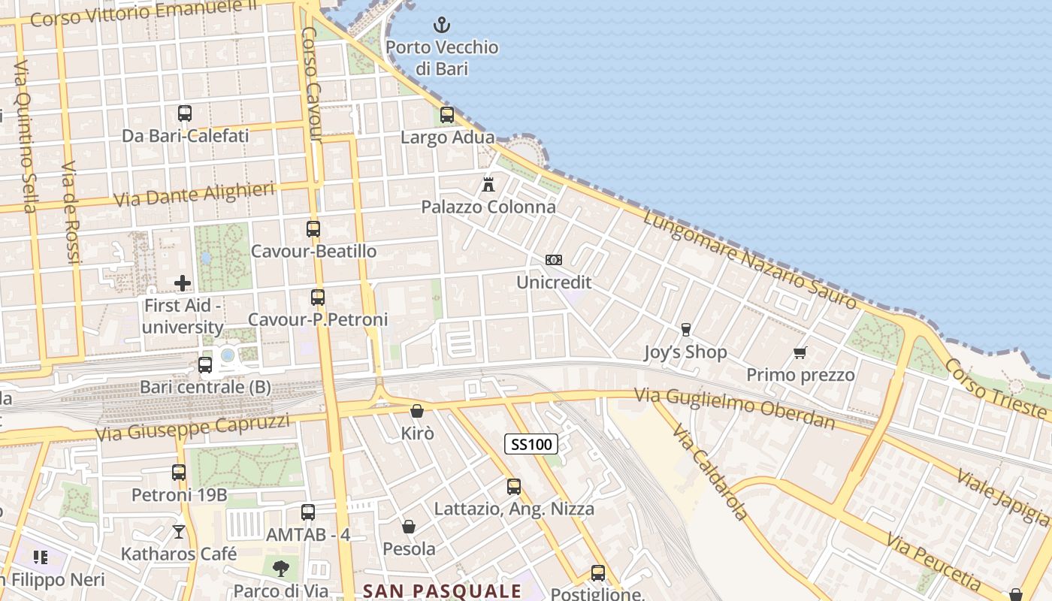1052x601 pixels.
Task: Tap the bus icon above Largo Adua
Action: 447,115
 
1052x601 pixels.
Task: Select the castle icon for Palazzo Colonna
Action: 488,184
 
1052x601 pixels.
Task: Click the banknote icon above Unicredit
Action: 554,260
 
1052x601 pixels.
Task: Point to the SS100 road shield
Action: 531,444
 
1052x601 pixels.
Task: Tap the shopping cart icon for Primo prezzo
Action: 800,352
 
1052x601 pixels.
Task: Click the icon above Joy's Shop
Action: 685,329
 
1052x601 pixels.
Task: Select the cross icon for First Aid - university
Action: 183,283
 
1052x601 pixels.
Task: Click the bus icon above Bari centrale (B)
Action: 205,365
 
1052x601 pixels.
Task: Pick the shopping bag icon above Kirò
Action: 417,411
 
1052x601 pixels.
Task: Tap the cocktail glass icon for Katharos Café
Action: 179,532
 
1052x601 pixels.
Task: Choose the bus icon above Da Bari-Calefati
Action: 185,113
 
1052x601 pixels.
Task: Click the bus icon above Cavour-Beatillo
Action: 313,229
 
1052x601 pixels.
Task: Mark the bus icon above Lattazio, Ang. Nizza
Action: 514,487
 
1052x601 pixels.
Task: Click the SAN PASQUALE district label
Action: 442,590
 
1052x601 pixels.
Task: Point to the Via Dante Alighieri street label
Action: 194,195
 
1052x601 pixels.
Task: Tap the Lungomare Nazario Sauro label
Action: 749,260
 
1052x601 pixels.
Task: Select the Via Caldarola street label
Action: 710,473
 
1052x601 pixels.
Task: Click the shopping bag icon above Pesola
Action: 409,527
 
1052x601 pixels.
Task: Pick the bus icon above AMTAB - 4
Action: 308,512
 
